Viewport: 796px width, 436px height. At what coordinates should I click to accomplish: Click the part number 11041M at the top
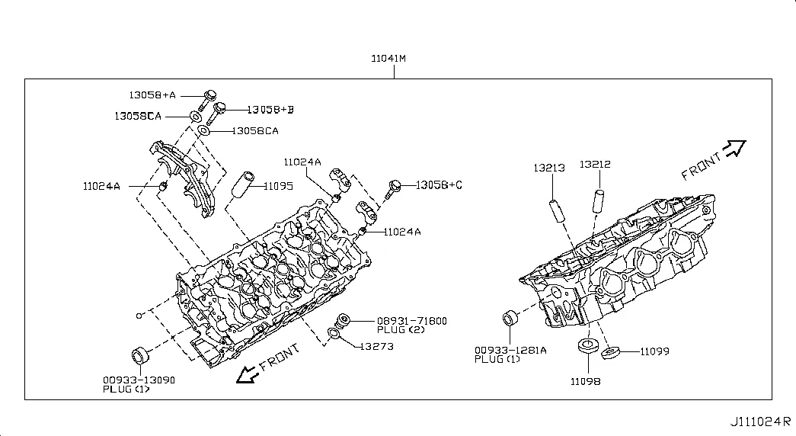tap(388, 59)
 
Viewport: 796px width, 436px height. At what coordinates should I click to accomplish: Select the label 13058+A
tap(152, 95)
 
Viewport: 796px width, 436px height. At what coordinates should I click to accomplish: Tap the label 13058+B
tap(270, 110)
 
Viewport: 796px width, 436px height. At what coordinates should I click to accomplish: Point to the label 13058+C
tap(439, 185)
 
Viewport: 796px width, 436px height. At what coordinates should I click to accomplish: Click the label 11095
tap(278, 186)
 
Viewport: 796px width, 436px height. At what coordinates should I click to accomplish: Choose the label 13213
tap(549, 168)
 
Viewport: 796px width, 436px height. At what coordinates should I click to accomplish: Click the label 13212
tap(595, 164)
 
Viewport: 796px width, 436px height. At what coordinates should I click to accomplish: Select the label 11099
tap(654, 351)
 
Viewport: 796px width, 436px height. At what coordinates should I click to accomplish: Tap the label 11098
tap(585, 381)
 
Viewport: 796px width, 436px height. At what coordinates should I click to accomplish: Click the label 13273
tap(377, 347)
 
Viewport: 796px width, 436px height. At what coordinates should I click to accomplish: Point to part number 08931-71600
tap(411, 321)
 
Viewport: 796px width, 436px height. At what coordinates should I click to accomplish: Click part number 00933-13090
tap(139, 380)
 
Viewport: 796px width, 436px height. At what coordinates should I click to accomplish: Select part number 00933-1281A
tap(510, 350)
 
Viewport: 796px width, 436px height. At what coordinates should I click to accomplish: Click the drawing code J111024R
tap(760, 422)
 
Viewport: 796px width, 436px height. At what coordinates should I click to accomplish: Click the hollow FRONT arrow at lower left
tap(248, 374)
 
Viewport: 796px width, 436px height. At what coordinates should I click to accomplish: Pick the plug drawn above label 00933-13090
tap(140, 355)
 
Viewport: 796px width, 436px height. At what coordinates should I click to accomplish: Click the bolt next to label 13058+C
tap(393, 189)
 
